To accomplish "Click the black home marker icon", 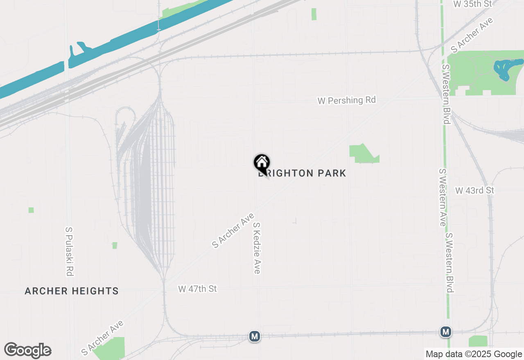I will point(262,163).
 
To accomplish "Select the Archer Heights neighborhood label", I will point(72,291).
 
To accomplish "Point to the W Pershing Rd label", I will point(347,100).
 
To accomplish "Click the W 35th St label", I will point(472,4).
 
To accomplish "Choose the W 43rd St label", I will point(475,191).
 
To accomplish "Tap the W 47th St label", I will point(197,289).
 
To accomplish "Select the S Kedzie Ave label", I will point(257,248).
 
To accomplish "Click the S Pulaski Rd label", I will point(69,252).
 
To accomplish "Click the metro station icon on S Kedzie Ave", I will point(255,336).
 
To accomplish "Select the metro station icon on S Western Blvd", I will point(446,332).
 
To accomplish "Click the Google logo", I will point(27,351).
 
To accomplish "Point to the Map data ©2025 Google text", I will point(473,354).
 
